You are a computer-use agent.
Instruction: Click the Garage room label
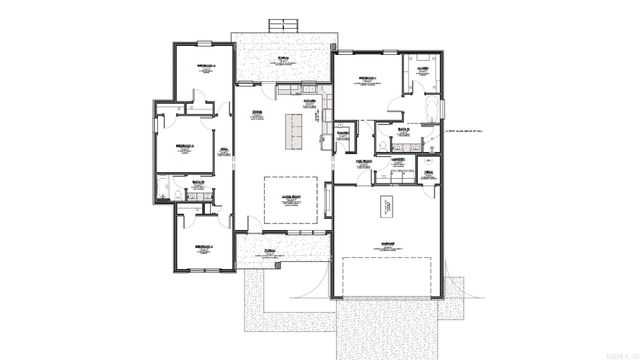coord(385,243)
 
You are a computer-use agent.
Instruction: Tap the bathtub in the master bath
coord(433,108)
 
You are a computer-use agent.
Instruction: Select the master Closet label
coord(423,70)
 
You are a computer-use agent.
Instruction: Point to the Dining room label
coord(257,113)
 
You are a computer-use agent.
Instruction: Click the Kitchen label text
coord(310,101)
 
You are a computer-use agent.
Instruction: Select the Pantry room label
coord(342,132)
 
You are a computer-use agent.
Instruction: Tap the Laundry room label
coord(398,159)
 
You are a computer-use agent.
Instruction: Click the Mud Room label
coord(364,162)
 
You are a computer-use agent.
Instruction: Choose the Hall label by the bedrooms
coord(225,150)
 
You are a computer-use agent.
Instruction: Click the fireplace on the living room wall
coord(329,204)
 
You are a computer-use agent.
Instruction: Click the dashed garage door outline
coord(387,276)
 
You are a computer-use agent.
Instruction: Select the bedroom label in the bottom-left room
coord(203,245)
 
